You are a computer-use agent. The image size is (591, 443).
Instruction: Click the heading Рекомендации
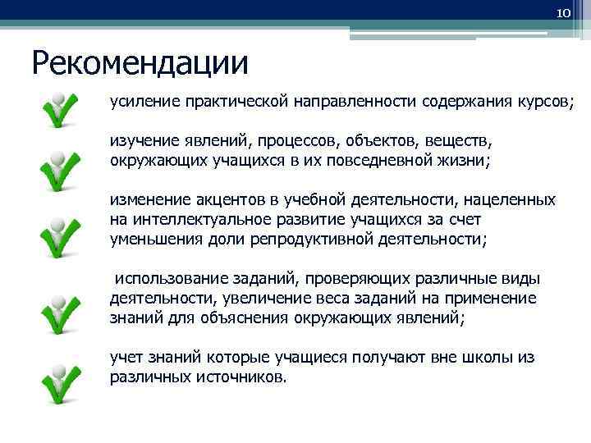click(x=140, y=62)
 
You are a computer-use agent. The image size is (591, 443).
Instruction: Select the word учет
click(x=126, y=358)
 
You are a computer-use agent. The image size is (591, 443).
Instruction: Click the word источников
click(x=243, y=377)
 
